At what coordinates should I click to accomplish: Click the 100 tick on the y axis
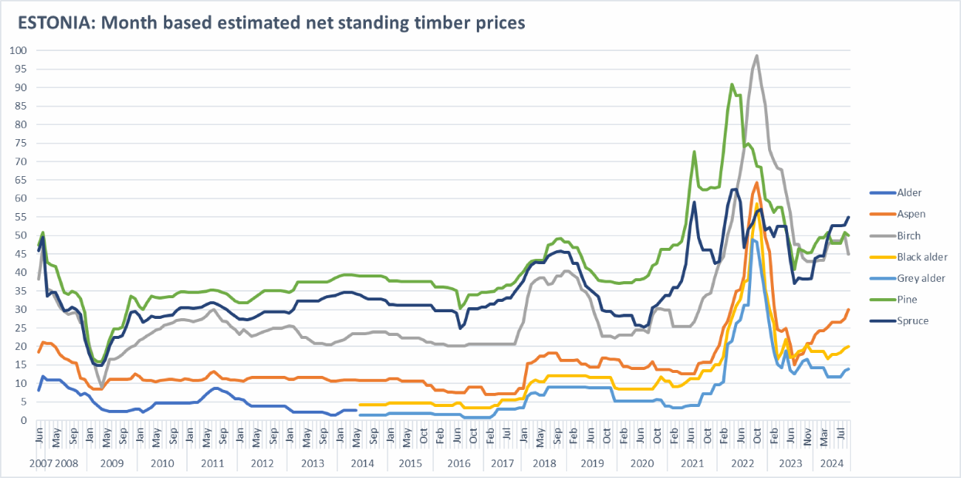click(x=18, y=50)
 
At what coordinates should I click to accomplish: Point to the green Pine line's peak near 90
click(x=732, y=84)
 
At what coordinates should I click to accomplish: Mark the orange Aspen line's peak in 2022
click(x=757, y=183)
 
